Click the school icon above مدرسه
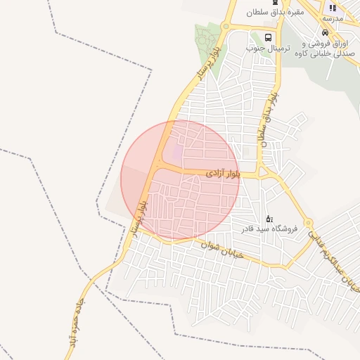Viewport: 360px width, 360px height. (x=333, y=8)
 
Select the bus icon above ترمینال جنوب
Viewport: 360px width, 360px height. (x=268, y=37)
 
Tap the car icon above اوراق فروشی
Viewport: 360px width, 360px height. (x=324, y=32)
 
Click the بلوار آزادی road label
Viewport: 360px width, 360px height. (x=224, y=172)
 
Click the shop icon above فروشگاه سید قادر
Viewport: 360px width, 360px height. (x=270, y=219)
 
